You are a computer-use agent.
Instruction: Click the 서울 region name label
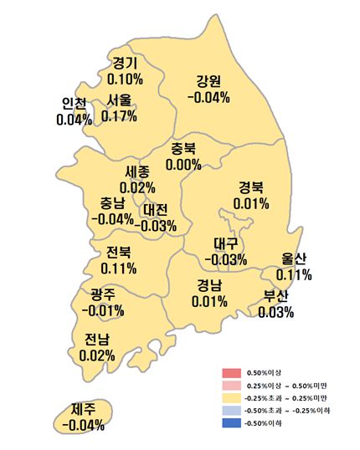click(x=118, y=100)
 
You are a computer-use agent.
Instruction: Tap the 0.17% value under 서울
click(x=119, y=115)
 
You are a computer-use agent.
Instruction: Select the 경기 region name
click(x=125, y=63)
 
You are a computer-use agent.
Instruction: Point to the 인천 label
click(x=74, y=104)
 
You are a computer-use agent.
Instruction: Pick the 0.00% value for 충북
click(x=183, y=164)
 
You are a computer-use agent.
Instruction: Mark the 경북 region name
click(x=251, y=187)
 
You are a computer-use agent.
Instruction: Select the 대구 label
click(x=226, y=244)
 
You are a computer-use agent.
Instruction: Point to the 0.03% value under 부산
click(x=276, y=312)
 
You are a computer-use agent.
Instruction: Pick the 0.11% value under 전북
click(x=118, y=268)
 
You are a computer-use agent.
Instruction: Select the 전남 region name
click(x=96, y=340)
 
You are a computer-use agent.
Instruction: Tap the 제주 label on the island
click(x=83, y=410)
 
